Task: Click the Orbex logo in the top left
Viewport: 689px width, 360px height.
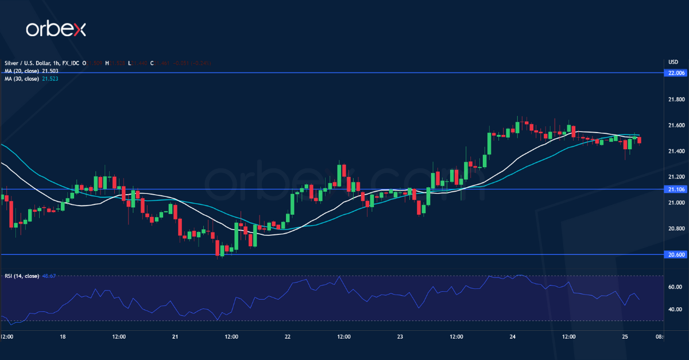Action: coord(56,30)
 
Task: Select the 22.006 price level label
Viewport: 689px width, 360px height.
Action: coord(673,73)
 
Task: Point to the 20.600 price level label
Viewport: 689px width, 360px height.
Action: coord(673,254)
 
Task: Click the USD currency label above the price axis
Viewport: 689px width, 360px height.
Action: coord(673,62)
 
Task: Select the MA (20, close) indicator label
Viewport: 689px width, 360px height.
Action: coord(22,71)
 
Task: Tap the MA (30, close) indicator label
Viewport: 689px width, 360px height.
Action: coord(22,78)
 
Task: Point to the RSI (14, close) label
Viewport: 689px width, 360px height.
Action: coord(22,276)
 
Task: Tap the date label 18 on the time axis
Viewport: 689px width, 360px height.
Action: coord(62,336)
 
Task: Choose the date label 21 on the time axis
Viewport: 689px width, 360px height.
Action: coord(175,336)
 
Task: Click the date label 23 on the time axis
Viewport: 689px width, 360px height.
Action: coord(400,336)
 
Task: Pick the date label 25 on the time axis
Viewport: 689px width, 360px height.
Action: coord(625,336)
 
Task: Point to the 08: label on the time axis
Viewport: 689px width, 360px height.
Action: coord(659,336)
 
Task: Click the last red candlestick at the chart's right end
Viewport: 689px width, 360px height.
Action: coord(640,140)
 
